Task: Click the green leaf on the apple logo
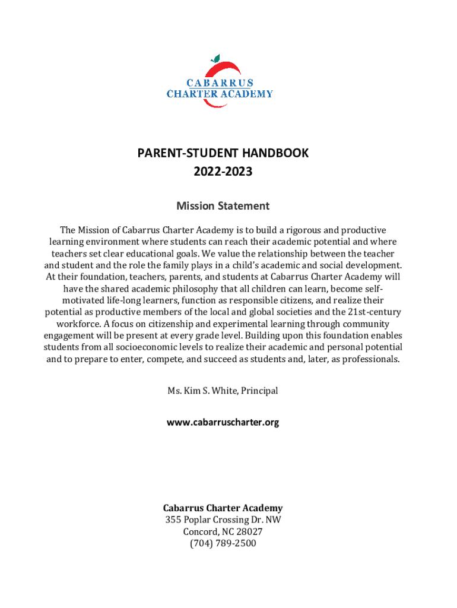215,58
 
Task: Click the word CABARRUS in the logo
220,83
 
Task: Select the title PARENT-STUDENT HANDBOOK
223,153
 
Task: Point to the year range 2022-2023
223,172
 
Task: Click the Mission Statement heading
223,206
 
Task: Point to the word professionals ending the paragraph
369,359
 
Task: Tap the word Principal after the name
259,391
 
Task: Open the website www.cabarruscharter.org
223,422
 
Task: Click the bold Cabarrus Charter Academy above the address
223,508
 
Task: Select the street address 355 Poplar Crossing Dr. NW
223,520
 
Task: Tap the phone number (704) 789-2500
223,543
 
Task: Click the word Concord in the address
199,531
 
